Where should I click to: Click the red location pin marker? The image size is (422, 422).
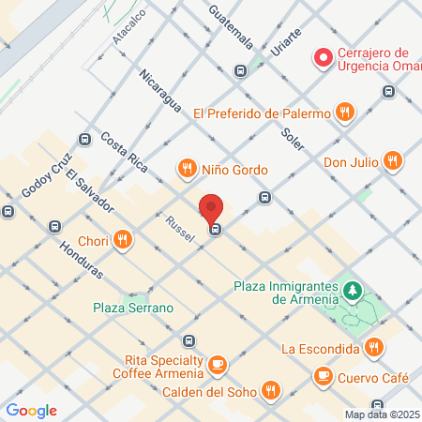tap(212, 209)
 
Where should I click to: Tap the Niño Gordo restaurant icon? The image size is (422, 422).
tap(187, 170)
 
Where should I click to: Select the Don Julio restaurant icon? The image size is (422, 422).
tap(393, 161)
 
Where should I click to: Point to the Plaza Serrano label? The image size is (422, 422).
tap(133, 308)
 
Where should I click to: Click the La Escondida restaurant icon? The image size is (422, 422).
tap(374, 348)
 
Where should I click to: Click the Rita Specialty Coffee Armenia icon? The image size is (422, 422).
tap(218, 362)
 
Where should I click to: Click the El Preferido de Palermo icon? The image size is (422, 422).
tap(345, 113)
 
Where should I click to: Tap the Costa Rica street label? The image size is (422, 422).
tap(125, 152)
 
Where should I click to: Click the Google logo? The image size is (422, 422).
tap(31, 410)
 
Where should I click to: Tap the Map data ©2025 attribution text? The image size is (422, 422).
tap(380, 414)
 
